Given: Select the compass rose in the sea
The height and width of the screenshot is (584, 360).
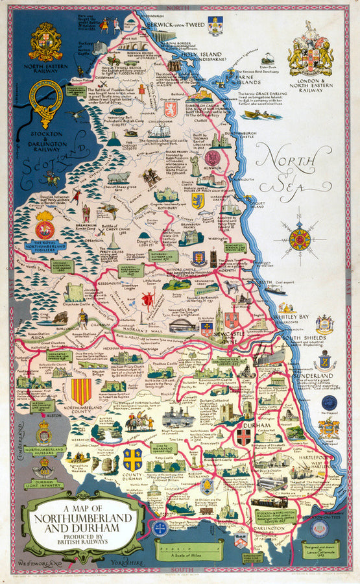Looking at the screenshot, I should click(299, 239).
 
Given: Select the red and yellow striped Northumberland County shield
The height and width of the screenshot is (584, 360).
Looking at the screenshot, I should click(80, 391).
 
